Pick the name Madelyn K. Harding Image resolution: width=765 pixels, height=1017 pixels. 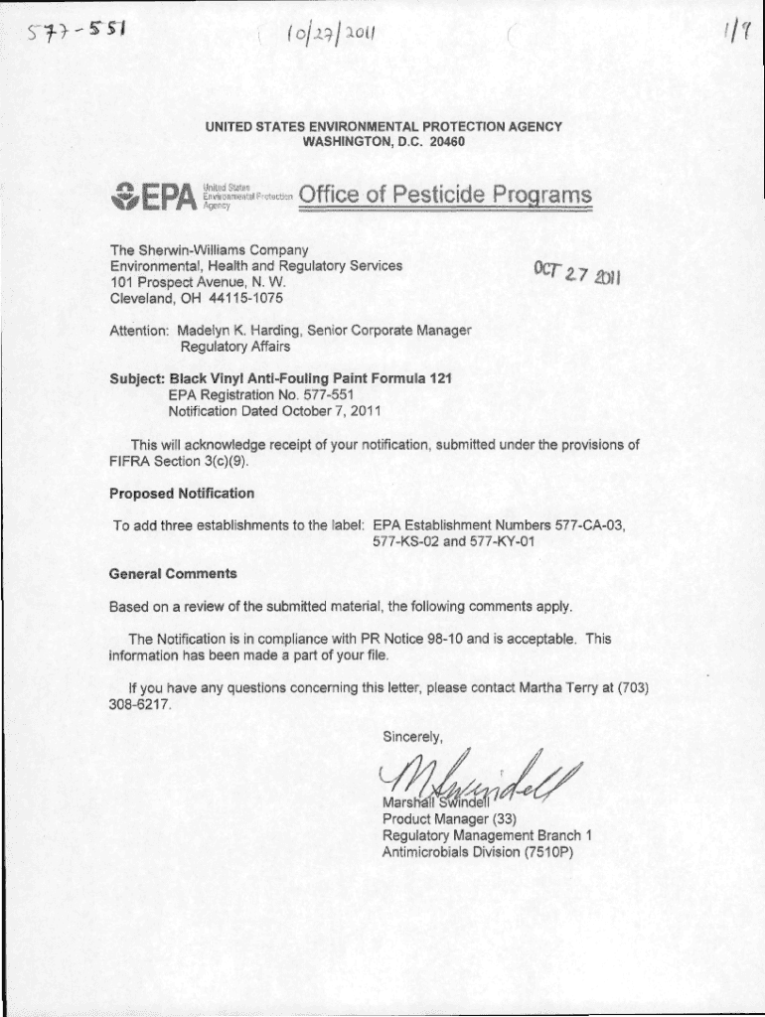(x=238, y=330)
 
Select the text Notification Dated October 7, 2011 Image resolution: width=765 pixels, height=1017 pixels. (x=273, y=410)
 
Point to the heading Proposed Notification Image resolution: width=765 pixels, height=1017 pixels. (x=181, y=494)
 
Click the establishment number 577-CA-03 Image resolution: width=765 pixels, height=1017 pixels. (x=590, y=524)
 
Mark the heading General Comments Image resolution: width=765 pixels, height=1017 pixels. (x=173, y=573)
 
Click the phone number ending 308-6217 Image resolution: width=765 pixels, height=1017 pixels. (x=141, y=704)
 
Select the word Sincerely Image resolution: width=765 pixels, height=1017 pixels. (x=412, y=736)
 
